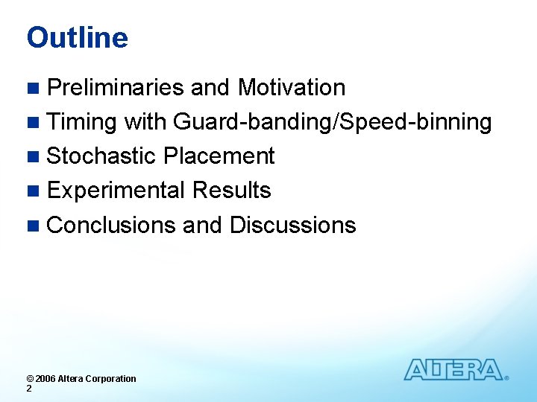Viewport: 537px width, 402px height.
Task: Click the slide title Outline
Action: point(77,38)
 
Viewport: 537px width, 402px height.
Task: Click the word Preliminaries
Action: point(116,88)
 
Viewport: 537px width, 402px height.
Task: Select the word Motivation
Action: point(291,88)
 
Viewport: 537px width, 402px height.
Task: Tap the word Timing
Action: point(82,122)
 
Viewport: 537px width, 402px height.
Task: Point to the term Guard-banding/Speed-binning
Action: point(332,122)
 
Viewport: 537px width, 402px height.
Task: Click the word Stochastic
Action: point(101,156)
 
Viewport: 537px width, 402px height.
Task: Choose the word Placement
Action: point(219,156)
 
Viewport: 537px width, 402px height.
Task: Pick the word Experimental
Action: point(116,191)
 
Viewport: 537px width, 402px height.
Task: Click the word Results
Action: point(231,191)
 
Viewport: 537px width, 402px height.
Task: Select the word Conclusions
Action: point(111,225)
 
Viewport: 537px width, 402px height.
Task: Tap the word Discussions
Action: point(292,225)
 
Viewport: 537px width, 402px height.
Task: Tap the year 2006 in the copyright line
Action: point(46,379)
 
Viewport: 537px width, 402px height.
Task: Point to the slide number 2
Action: point(29,389)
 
